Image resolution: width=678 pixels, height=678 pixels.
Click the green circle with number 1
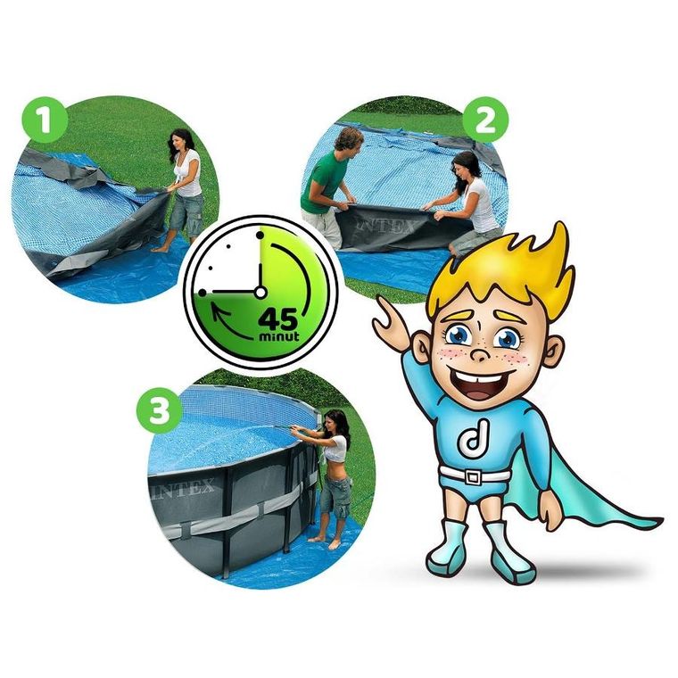tap(45, 120)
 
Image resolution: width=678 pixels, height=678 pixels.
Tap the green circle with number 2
tap(485, 120)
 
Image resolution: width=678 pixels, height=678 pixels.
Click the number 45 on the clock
tap(278, 319)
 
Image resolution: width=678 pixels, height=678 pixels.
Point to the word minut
tap(279, 336)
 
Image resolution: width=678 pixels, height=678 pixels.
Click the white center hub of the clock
tap(260, 293)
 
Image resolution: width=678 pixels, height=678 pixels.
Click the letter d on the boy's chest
tap(474, 440)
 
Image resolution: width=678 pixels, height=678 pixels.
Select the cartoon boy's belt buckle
tap(473, 477)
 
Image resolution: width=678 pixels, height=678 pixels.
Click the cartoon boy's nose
tap(481, 353)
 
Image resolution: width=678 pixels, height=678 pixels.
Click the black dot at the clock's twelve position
tap(260, 236)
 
